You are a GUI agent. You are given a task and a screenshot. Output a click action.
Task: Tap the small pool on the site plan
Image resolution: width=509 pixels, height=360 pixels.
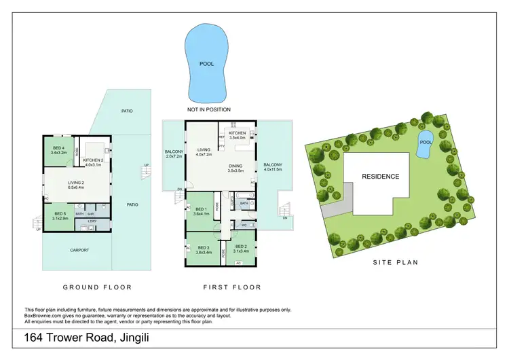point(425,144)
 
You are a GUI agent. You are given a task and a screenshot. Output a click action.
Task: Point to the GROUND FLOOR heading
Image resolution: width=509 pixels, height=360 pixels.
point(97,287)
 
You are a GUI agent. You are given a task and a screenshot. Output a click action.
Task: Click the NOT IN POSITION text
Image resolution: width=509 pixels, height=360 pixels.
point(209,109)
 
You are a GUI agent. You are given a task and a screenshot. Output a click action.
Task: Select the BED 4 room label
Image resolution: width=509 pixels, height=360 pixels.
point(58,150)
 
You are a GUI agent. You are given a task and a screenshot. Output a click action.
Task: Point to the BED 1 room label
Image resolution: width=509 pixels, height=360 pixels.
point(201,211)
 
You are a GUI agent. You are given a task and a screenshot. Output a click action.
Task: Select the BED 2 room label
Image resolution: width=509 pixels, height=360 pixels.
point(240,249)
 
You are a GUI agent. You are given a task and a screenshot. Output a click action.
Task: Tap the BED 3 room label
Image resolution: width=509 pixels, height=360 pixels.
point(204,250)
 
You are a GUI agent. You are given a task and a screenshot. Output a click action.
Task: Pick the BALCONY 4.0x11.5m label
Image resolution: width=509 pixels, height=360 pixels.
point(273,167)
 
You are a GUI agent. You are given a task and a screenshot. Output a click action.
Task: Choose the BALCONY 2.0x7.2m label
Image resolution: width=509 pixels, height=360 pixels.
point(174,154)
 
